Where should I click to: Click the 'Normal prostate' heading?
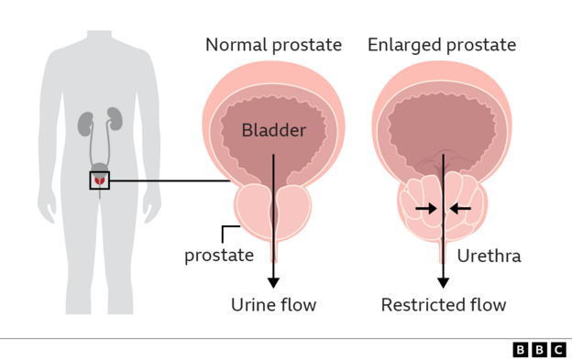[x=273, y=45]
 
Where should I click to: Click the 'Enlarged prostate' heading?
[x=442, y=45]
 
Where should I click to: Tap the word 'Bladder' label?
[x=273, y=130]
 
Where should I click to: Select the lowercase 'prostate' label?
[x=219, y=255]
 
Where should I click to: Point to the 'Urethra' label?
[x=489, y=256]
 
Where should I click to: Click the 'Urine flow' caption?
[x=273, y=305]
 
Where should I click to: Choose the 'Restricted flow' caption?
[x=444, y=305]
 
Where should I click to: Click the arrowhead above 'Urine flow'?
[x=273, y=281]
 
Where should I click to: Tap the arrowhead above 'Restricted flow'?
[x=444, y=281]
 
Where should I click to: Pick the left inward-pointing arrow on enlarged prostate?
[x=425, y=209]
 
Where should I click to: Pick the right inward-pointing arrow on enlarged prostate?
[x=461, y=209]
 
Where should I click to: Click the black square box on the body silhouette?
[x=99, y=180]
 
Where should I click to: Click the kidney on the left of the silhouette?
[x=86, y=122]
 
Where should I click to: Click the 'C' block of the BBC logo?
[x=557, y=349]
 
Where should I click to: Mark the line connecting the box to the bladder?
[x=170, y=180]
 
